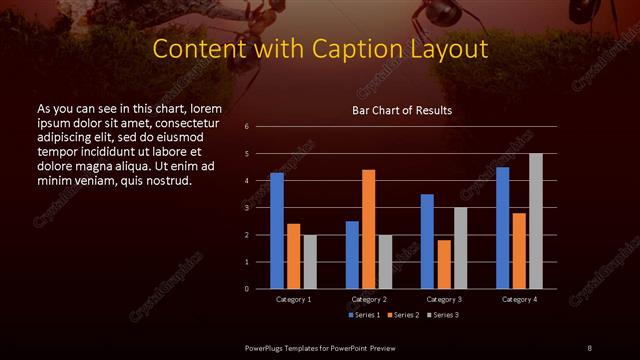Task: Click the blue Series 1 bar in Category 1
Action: coord(277,231)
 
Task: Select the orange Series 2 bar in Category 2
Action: coord(369,229)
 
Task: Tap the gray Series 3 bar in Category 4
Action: coord(536,221)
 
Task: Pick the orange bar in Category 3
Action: coord(444,264)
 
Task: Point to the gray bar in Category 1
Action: coord(310,262)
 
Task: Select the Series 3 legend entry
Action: coord(444,315)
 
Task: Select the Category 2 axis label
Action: coord(369,299)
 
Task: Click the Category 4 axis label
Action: coord(519,299)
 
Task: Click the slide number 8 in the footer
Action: coord(589,347)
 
